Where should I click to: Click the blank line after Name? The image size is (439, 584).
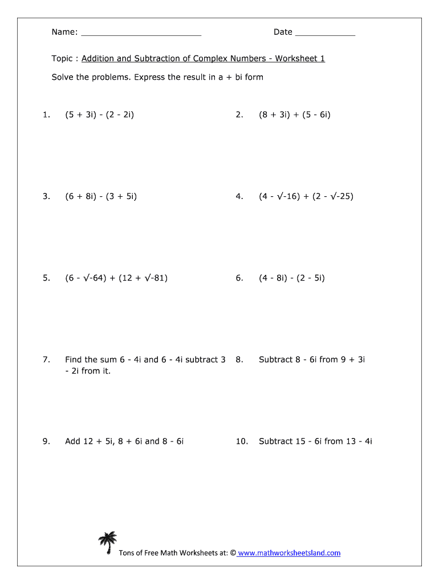[x=141, y=33]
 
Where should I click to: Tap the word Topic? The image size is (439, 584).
[x=62, y=59]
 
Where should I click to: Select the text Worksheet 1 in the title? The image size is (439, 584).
[x=300, y=59]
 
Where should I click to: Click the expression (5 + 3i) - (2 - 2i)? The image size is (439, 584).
[x=100, y=115]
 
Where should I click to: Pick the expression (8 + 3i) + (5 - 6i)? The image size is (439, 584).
[x=295, y=115]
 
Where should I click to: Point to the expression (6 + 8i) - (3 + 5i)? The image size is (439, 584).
[x=101, y=196]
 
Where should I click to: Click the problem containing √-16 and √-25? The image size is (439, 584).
[x=306, y=196]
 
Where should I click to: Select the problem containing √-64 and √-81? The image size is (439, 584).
[x=116, y=278]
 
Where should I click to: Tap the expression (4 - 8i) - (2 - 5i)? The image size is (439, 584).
[x=292, y=278]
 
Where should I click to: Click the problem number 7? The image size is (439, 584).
[x=46, y=359]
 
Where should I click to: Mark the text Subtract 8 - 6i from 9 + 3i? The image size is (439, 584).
[x=312, y=359]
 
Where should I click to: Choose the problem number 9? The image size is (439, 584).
[x=46, y=441]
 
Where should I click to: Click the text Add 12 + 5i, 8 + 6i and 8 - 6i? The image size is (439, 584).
[x=124, y=441]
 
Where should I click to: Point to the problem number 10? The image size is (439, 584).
[x=242, y=441]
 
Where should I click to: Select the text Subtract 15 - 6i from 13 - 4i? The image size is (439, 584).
[x=315, y=441]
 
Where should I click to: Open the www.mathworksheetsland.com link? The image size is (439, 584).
[x=289, y=553]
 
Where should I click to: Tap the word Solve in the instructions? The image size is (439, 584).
[x=62, y=77]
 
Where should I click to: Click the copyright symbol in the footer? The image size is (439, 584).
[x=232, y=553]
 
